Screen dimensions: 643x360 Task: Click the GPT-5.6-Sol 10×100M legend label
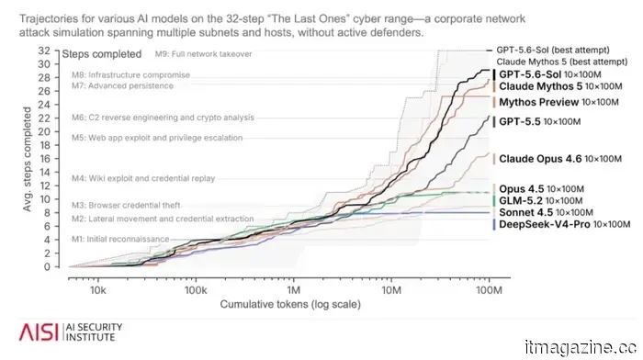click(550, 74)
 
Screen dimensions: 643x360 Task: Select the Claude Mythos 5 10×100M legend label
click(560, 86)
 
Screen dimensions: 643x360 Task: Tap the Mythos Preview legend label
click(558, 102)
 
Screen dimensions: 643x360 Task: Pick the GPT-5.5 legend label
click(540, 121)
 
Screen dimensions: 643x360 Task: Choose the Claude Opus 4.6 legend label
click(560, 159)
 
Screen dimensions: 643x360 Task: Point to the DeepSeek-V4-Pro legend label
click(564, 224)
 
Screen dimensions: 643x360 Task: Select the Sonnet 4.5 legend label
click(546, 212)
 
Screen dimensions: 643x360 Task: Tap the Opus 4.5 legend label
click(541, 189)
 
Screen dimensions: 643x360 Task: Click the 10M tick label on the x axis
click(391, 290)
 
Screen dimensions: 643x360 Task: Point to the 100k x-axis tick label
click(196, 290)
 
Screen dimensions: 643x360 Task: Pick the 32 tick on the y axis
click(44, 51)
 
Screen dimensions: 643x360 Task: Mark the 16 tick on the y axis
click(44, 159)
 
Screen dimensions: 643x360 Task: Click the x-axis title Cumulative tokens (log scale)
click(290, 304)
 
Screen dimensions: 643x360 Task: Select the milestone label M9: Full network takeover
click(203, 53)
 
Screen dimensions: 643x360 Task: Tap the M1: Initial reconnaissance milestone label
click(120, 239)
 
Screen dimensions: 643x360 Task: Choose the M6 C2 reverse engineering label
click(163, 118)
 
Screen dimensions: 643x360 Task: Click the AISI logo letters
click(39, 332)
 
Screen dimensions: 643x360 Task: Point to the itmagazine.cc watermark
click(581, 348)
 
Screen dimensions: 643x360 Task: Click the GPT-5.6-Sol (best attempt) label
click(553, 50)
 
